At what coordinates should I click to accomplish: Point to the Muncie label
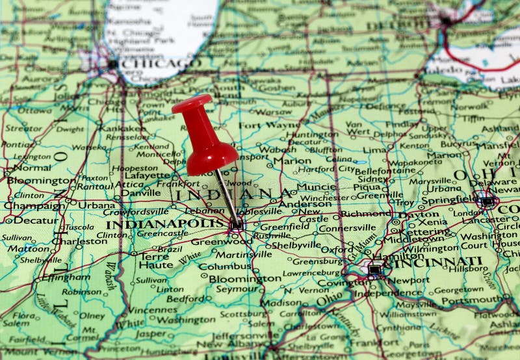tap(316, 187)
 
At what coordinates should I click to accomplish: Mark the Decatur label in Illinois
tap(27, 220)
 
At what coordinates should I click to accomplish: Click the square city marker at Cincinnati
tap(374, 269)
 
